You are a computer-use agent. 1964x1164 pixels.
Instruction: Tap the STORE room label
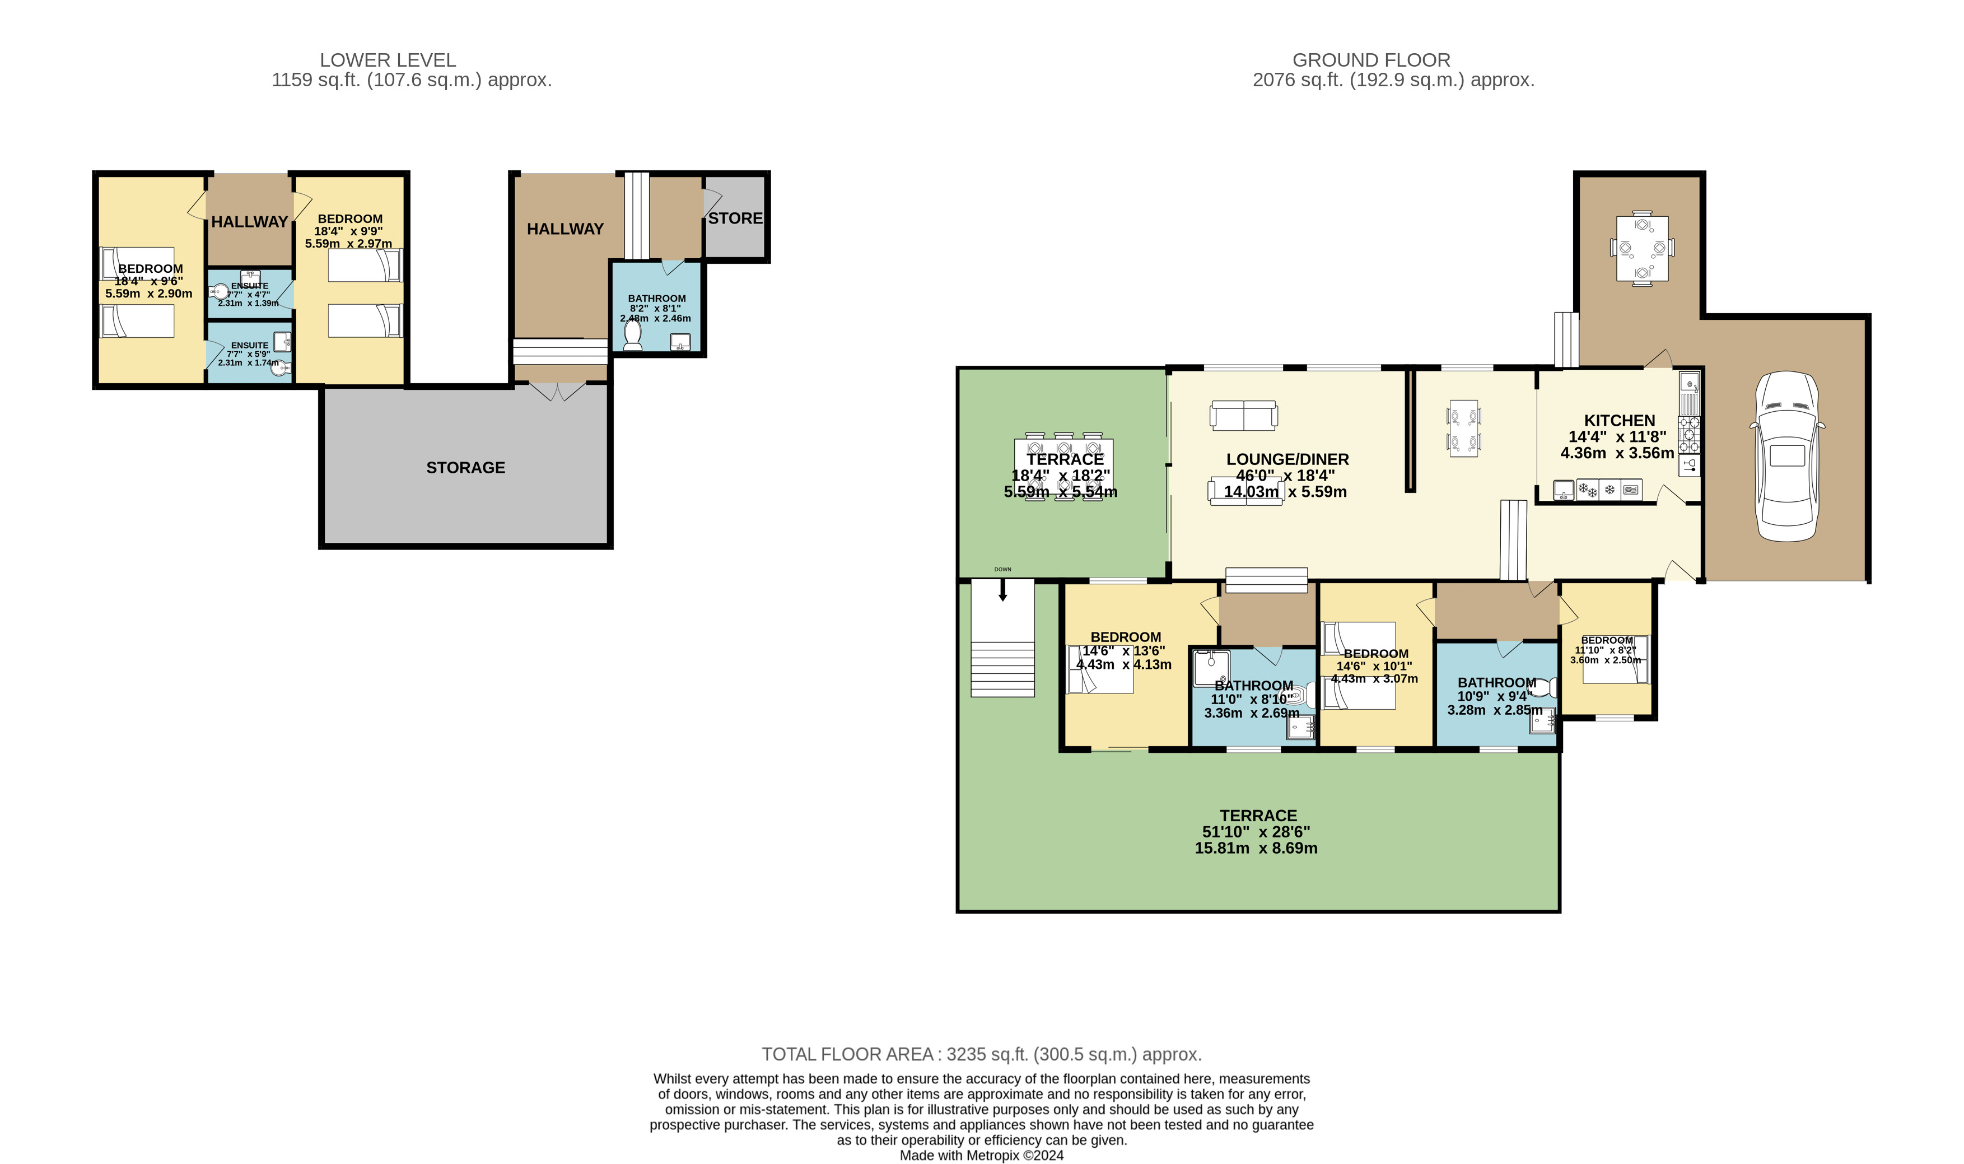click(x=735, y=218)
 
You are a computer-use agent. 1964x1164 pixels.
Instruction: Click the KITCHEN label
click(x=1619, y=421)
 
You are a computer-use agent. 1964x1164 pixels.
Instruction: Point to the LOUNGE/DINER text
click(x=1287, y=459)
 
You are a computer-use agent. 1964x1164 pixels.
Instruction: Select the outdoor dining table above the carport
click(x=1642, y=248)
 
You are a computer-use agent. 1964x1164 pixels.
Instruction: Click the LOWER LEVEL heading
click(x=388, y=59)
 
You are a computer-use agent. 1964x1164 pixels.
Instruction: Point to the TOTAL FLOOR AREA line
click(x=981, y=1054)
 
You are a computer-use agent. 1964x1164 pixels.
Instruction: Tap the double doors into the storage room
click(x=557, y=390)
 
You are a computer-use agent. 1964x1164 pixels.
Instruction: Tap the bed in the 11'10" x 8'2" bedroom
click(x=1615, y=659)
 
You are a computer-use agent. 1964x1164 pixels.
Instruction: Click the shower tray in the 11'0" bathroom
click(x=1211, y=668)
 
